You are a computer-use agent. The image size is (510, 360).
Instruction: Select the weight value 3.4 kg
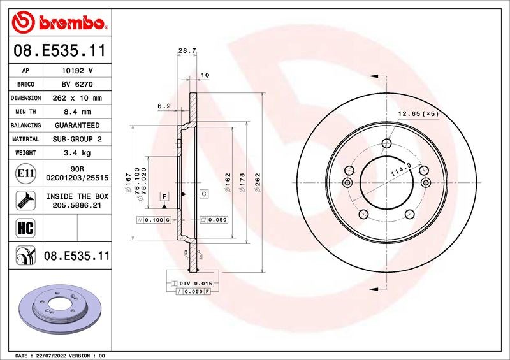click(x=77, y=153)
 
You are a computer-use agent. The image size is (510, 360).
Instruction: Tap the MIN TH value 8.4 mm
click(x=77, y=112)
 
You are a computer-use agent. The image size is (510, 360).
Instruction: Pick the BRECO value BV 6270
click(x=77, y=84)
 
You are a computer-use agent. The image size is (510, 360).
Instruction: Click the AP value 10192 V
click(x=77, y=71)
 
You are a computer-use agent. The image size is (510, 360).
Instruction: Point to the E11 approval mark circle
click(x=25, y=173)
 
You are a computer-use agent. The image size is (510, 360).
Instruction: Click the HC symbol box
click(x=25, y=228)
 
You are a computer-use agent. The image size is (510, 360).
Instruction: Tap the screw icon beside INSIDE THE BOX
click(x=25, y=200)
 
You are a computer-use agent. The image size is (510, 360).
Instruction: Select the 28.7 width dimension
click(x=187, y=51)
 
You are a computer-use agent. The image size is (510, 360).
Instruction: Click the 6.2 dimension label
click(x=164, y=106)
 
